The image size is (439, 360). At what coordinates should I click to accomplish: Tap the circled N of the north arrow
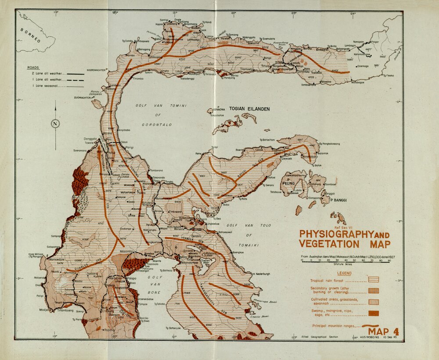pos(55,123)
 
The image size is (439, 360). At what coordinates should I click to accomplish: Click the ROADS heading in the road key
pos(33,68)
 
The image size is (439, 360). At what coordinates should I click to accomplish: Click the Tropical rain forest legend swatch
pos(373,279)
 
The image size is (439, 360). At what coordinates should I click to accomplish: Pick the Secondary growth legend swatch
pos(373,291)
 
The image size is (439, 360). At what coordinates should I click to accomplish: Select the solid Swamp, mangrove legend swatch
pos(373,313)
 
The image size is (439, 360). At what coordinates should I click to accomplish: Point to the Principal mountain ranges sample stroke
pos(371,325)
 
